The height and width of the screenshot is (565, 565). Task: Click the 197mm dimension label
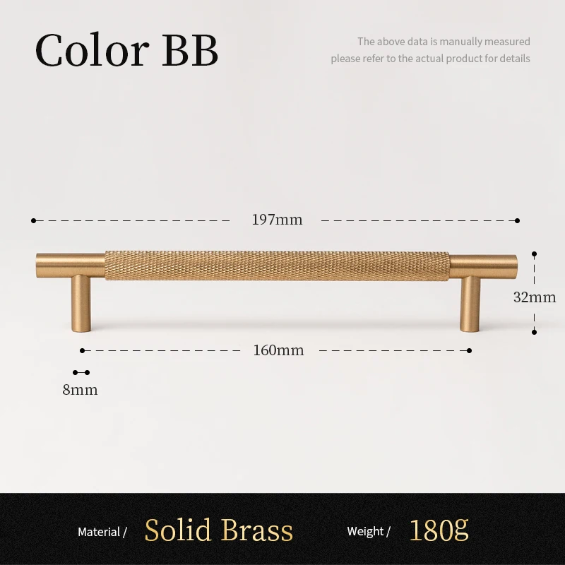277,220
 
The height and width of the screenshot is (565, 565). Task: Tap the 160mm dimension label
278,350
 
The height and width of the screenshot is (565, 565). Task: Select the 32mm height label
535,297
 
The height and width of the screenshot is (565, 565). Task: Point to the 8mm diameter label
80,389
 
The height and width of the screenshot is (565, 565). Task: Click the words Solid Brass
219,530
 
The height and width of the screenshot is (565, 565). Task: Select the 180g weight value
439,530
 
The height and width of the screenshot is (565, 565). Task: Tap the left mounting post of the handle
80,304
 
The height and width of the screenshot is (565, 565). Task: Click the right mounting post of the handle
471,304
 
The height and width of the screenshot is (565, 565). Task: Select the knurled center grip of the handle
277,265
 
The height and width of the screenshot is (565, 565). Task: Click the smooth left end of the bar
69,265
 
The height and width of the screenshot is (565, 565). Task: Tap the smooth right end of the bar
484,265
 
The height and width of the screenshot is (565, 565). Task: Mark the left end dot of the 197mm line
33,220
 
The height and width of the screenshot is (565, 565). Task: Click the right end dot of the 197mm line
517,220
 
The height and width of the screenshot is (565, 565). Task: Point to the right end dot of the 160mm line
470,350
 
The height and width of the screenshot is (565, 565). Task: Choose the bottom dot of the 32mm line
535,331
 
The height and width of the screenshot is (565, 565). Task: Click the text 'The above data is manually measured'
444,42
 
